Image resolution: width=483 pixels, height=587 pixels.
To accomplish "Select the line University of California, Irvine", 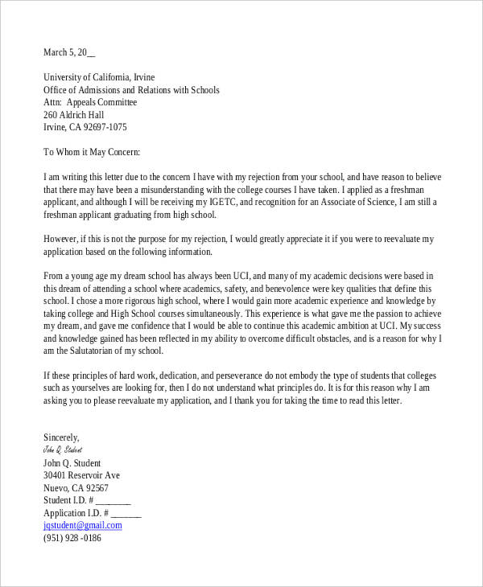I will point(99,78).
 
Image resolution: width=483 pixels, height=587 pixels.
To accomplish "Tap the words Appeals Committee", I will point(101,103).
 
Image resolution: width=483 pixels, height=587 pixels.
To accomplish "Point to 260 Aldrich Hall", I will point(75,115).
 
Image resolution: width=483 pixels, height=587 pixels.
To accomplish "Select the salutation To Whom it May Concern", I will point(92,152).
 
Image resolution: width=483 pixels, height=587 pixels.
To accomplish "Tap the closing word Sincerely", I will point(61,437).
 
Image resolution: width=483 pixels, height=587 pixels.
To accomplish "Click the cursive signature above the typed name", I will point(63,450).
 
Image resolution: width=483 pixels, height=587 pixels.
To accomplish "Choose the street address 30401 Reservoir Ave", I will point(81,475).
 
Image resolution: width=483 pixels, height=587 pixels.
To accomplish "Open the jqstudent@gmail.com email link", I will point(82,525).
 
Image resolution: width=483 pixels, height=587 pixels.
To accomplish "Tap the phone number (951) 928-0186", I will point(72,538).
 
